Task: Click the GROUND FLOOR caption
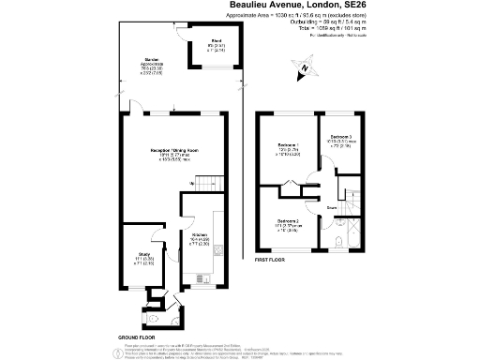point(137,335)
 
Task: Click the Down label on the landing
point(332,208)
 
